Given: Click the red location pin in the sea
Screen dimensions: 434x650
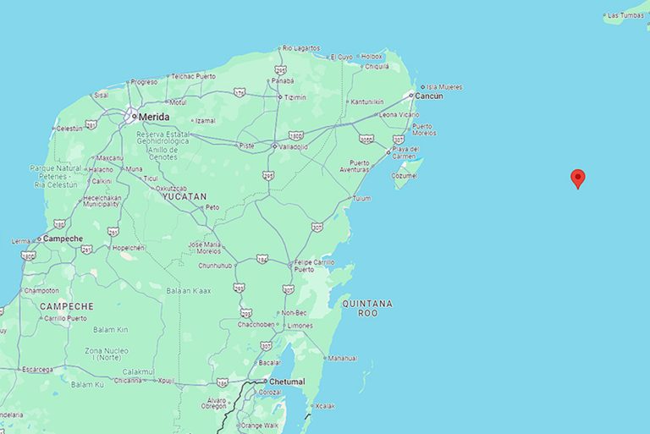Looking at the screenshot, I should pos(578,178).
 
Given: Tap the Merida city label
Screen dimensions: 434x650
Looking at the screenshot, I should pos(153,117).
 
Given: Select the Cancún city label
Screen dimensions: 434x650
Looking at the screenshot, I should pos(429,96).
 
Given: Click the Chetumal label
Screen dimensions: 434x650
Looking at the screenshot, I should pos(289,382).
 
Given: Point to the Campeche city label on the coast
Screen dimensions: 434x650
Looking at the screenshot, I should pos(63,239).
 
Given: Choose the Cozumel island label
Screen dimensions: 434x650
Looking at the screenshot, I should pos(405,175).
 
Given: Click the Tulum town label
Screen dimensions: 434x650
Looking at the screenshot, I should pos(361,199).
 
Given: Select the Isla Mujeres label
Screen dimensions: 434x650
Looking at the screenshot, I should pos(444,86).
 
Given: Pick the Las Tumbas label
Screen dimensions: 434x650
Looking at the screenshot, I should pos(625,15).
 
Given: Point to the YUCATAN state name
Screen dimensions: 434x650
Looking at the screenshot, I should pos(184,195).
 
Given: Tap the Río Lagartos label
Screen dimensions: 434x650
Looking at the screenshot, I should pos(301,48).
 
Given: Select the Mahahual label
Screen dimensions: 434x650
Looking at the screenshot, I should pos(342,357).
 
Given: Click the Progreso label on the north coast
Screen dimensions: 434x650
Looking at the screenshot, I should pos(144,82).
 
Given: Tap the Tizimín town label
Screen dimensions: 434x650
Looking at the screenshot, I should pos(295,97).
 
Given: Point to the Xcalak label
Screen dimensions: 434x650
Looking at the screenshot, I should pos(325,406).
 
